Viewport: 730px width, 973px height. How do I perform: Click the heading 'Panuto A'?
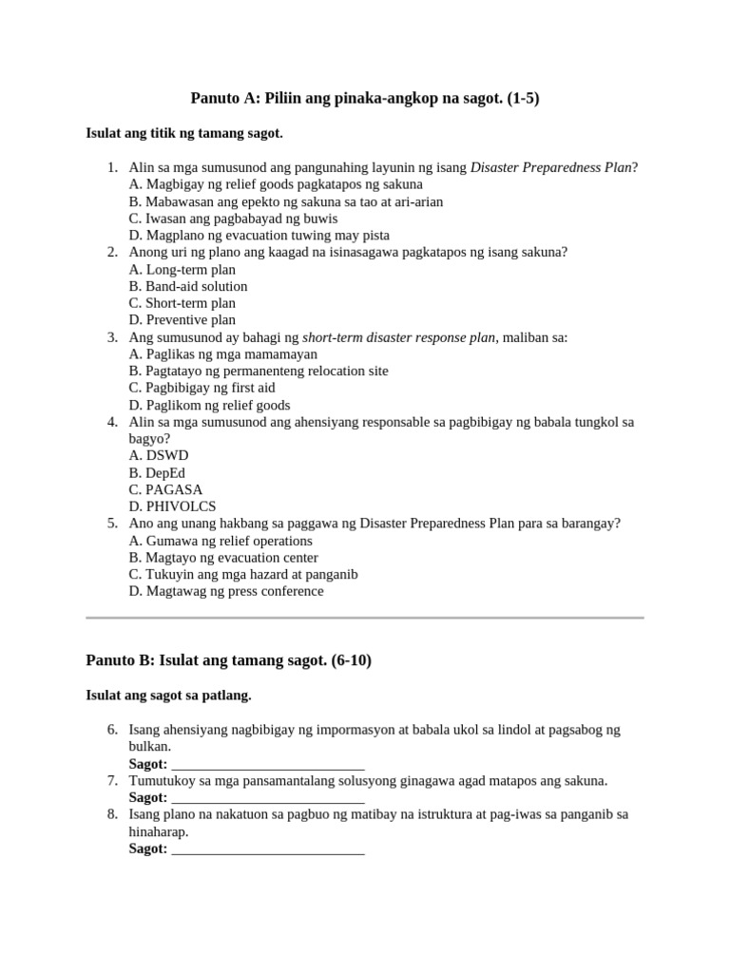(x=365, y=98)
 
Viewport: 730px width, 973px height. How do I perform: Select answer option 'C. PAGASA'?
(x=166, y=489)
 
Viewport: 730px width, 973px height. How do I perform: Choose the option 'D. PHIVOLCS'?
(x=173, y=506)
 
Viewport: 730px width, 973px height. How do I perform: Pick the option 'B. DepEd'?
(x=158, y=472)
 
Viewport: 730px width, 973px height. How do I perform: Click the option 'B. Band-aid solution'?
(x=188, y=286)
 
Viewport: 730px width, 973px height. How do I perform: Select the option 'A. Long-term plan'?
(x=182, y=269)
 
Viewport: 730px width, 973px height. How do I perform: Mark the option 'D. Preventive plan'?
(x=182, y=320)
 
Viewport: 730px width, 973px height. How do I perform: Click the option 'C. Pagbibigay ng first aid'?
(x=202, y=388)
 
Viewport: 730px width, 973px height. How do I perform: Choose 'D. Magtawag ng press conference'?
(x=226, y=591)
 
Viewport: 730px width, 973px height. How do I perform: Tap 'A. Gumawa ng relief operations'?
(x=221, y=541)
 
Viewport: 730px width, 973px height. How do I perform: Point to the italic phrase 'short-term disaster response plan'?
(x=399, y=337)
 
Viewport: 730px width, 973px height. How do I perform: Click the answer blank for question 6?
(x=268, y=765)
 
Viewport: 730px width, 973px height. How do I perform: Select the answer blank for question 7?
(x=268, y=798)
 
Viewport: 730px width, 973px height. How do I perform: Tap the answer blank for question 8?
(x=268, y=849)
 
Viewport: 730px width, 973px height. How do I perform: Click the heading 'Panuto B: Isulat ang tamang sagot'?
(x=228, y=660)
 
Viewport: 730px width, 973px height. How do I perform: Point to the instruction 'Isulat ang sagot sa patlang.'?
(x=168, y=696)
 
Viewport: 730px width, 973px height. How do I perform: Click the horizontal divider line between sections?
(x=365, y=618)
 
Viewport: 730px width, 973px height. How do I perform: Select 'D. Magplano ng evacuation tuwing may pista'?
(x=259, y=235)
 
